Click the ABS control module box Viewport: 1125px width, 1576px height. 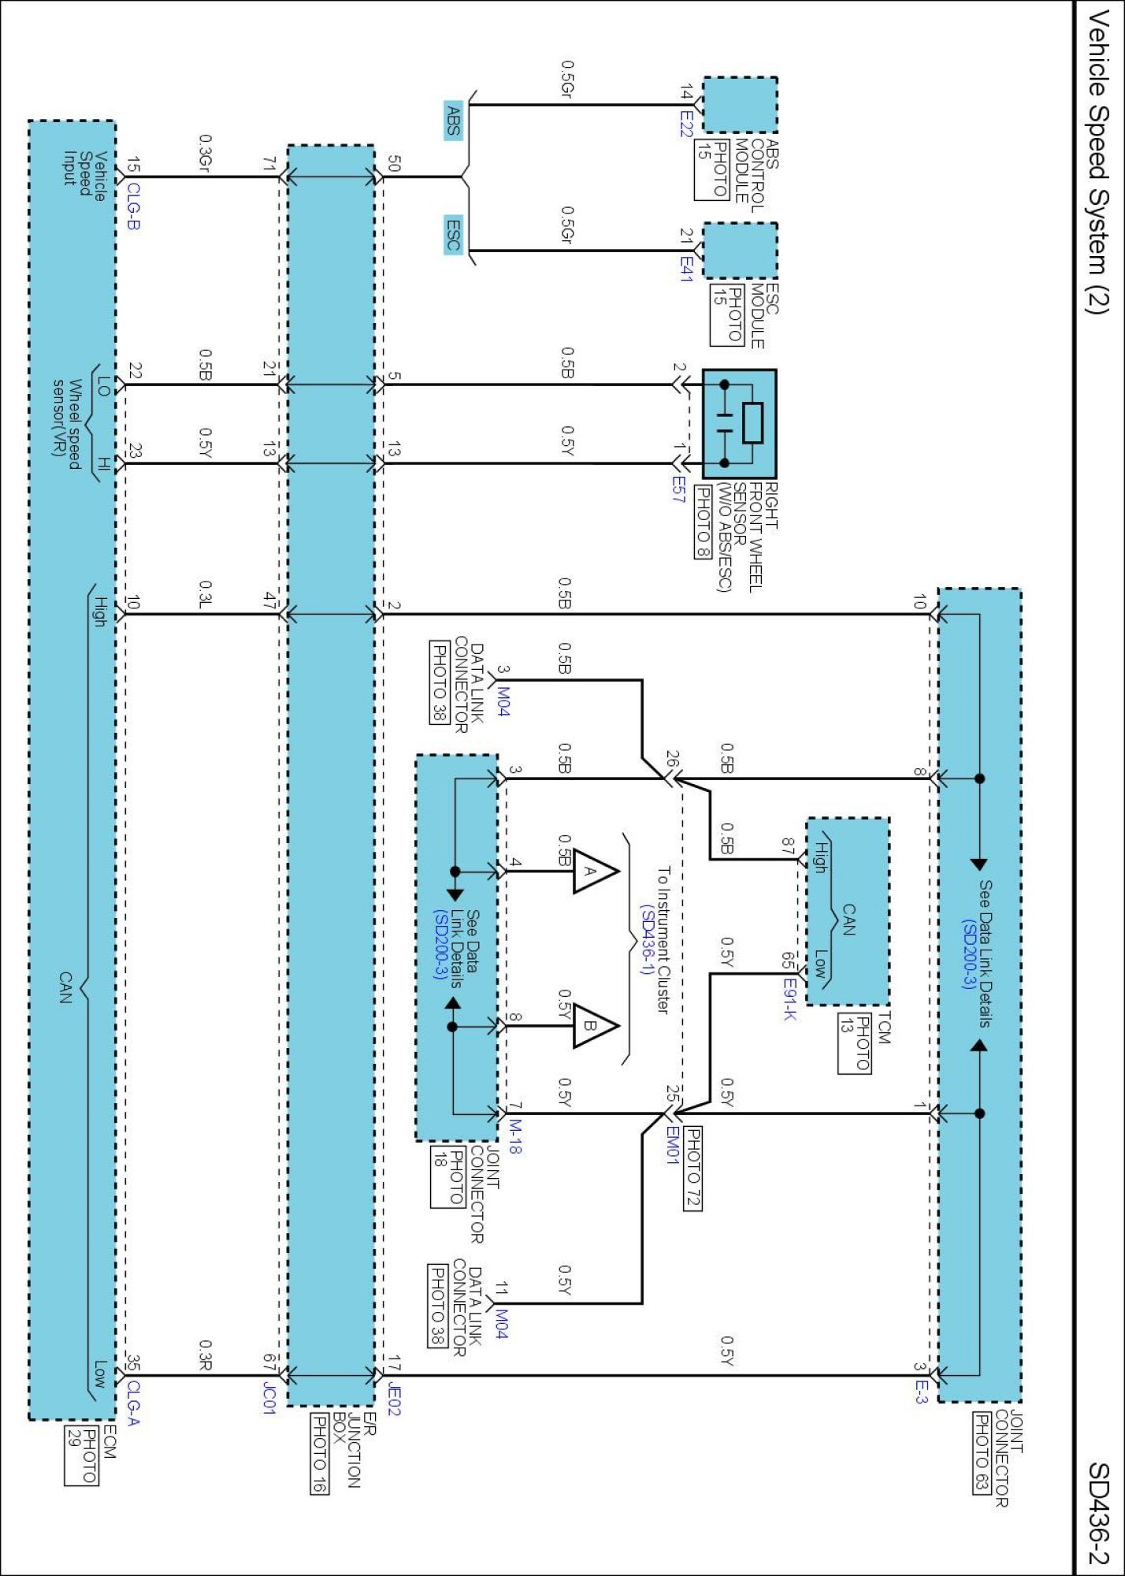click(740, 105)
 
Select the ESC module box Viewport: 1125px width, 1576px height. click(740, 251)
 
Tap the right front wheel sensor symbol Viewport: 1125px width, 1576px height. click(739, 424)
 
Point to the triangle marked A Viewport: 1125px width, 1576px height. click(593, 871)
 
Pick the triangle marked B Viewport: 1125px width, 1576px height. click(593, 1026)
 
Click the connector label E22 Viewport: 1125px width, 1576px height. click(686, 124)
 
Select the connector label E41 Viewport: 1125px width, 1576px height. click(686, 269)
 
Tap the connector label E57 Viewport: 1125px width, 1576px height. click(678, 489)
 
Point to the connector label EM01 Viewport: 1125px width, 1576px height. click(671, 1145)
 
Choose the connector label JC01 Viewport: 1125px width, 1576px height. click(269, 1398)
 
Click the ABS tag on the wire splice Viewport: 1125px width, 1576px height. click(453, 121)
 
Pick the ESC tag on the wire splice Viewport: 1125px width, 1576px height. click(453, 234)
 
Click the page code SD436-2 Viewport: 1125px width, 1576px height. click(1098, 1513)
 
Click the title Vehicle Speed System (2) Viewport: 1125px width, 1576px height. click(1098, 162)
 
